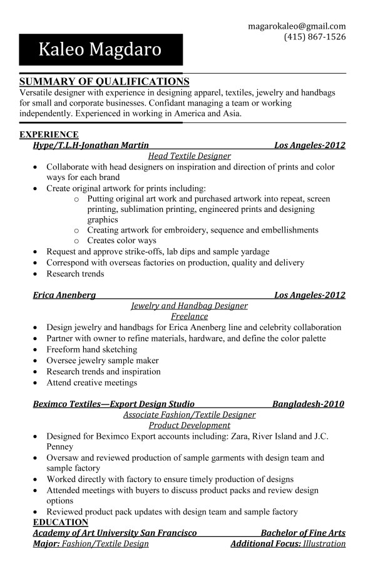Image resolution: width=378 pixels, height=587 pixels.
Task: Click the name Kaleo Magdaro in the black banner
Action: pos(100,49)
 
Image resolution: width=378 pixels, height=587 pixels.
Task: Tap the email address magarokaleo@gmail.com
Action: pos(297,26)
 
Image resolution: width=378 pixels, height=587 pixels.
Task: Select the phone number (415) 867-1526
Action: pos(315,37)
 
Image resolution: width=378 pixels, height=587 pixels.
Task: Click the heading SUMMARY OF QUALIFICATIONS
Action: pos(104,82)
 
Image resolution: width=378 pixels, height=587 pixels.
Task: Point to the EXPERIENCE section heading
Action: pos(49,134)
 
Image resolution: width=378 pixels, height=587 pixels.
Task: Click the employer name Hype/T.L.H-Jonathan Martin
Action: pos(91,145)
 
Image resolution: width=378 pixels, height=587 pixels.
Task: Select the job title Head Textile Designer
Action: pos(189,156)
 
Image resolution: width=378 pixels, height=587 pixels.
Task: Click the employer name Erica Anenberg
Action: pos(64,295)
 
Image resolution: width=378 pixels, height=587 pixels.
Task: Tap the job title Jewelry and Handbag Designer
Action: pos(189,306)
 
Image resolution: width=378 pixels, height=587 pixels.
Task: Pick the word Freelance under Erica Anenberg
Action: pos(189,316)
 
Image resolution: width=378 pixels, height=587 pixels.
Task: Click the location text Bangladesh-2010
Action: pos(308,404)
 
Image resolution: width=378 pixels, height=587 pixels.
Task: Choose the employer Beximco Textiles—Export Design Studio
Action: pos(113,404)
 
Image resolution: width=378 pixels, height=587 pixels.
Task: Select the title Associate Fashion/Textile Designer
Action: pos(189,414)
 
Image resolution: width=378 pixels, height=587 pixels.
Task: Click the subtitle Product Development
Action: pos(189,425)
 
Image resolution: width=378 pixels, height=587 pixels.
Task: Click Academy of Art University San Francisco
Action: pos(115,533)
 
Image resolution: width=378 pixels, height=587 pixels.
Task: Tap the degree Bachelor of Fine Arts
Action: pos(303,533)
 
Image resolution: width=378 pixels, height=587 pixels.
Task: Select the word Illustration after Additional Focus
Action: pos(324,543)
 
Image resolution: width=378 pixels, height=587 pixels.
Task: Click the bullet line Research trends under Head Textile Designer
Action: pos(75,274)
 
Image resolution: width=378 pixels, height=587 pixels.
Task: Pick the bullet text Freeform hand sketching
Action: pos(91,349)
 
